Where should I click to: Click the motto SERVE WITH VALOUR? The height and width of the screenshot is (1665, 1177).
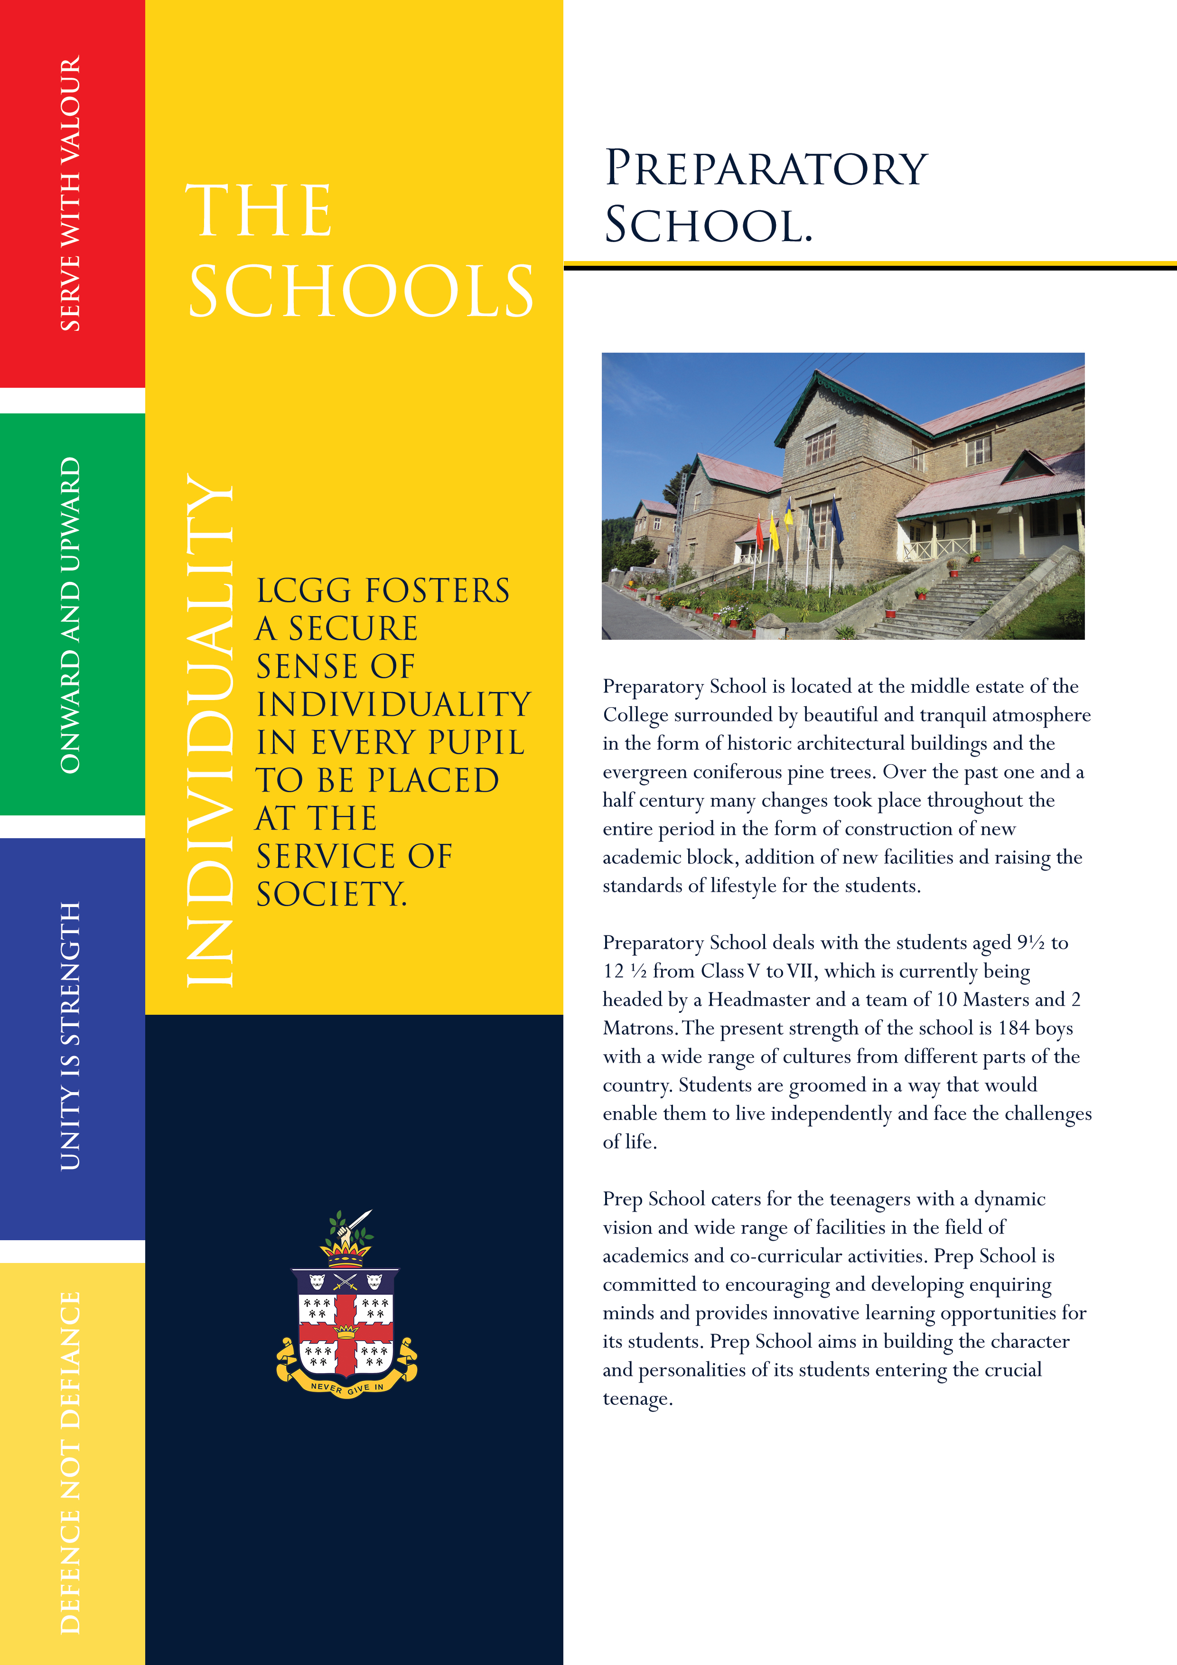click(x=70, y=194)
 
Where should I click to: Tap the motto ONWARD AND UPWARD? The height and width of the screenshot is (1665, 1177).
click(x=70, y=615)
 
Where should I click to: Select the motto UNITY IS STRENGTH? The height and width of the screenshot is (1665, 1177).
click(x=70, y=1036)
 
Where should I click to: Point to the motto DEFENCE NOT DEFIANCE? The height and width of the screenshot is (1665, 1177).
click(x=70, y=1462)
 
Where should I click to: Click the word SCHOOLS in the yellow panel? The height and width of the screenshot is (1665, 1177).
click(x=360, y=291)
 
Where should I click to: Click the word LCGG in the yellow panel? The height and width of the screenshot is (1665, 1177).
click(x=303, y=591)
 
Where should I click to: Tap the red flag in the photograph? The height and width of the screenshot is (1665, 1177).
click(x=759, y=533)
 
